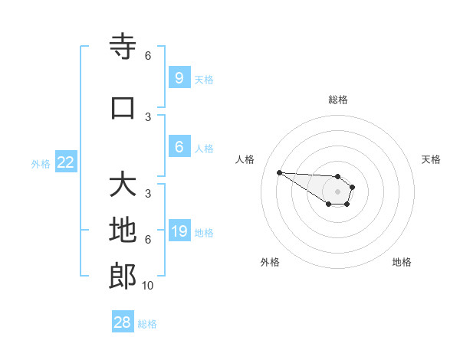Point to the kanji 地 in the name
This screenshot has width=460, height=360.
[123, 231]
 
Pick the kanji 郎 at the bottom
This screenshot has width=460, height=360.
[123, 277]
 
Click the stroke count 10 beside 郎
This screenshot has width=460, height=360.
[148, 286]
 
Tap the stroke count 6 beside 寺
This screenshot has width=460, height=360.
[148, 56]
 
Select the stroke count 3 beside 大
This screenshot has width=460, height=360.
[148, 194]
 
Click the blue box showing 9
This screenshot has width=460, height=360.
[179, 78]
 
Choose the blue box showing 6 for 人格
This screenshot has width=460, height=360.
[179, 147]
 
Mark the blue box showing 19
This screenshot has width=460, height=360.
[179, 231]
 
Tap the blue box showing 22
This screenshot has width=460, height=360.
[66, 162]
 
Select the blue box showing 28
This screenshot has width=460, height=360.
[123, 322]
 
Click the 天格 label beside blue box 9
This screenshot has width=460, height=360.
[204, 79]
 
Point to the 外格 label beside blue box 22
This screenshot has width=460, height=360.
[41, 163]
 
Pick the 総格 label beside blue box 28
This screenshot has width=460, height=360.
[147, 323]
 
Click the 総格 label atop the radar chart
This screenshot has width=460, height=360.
[337, 100]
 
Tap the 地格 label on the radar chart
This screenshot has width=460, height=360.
[402, 262]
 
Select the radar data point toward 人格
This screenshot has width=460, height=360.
[279, 172]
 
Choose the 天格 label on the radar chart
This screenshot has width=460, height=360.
[431, 159]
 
